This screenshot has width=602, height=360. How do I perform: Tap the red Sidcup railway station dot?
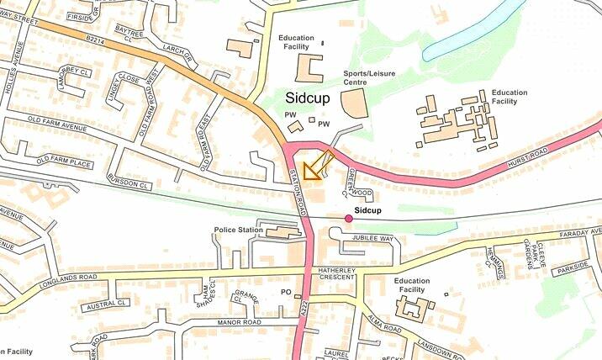349,219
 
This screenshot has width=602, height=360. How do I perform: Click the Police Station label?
240,230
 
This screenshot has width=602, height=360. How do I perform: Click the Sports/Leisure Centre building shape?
354,104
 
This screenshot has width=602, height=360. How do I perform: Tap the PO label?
285,292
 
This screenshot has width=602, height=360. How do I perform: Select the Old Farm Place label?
64,161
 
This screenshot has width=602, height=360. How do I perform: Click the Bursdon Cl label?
129,181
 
